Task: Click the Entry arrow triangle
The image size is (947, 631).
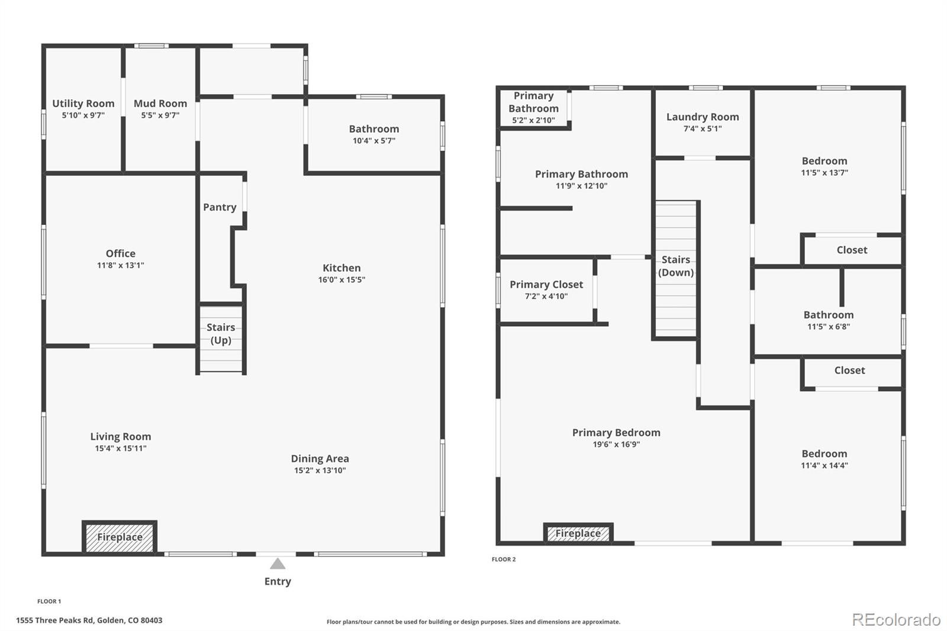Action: tap(278, 564)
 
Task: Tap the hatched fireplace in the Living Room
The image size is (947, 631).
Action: tap(120, 537)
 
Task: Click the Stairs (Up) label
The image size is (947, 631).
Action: tap(221, 334)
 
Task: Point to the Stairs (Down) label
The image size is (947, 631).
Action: tap(675, 266)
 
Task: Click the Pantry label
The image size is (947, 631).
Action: tap(220, 207)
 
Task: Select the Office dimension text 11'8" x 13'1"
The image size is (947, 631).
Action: tap(121, 266)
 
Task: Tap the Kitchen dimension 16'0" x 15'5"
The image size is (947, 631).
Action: tap(342, 280)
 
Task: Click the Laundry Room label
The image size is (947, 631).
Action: tap(703, 117)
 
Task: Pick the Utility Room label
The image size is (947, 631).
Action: tap(83, 104)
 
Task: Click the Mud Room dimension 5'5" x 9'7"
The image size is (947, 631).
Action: tap(160, 115)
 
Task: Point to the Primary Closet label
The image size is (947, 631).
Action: tap(546, 285)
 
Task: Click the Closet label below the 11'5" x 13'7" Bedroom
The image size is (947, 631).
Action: tap(852, 250)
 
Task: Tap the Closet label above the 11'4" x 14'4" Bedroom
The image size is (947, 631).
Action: tap(849, 371)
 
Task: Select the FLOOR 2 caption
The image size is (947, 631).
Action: tap(504, 559)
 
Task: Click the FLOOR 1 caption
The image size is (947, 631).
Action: tap(49, 601)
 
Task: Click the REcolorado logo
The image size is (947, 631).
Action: tap(896, 620)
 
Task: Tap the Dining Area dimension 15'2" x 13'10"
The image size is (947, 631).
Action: tap(320, 471)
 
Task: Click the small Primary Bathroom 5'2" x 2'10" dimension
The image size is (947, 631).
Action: tap(533, 121)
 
